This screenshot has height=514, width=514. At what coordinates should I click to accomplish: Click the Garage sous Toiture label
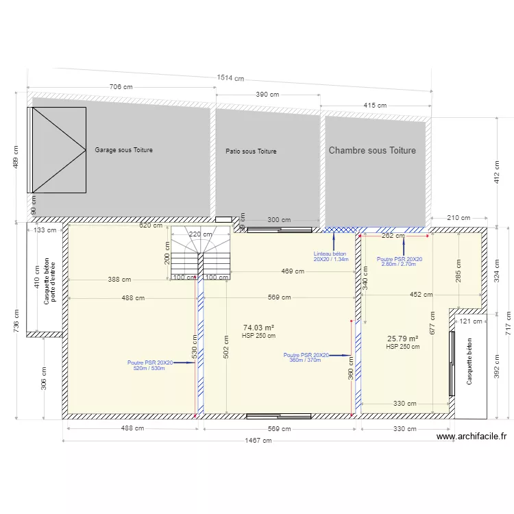[123, 149]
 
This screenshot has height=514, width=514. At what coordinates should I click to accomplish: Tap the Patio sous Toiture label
[251, 151]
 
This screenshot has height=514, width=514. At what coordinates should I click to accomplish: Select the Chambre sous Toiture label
[372, 150]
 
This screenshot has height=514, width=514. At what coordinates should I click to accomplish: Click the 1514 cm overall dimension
[230, 78]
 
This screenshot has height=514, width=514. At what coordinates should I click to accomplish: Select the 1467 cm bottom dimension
[259, 441]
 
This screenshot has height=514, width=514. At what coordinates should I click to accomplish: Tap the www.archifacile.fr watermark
[472, 436]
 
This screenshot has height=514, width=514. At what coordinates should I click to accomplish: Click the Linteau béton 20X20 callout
[331, 256]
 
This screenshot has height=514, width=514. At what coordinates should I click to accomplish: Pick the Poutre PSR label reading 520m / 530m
[150, 365]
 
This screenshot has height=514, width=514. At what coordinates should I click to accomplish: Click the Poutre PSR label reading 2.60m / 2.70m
[400, 261]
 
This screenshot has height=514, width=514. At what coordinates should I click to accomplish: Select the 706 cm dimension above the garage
[121, 87]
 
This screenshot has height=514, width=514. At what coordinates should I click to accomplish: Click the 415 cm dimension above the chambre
[375, 105]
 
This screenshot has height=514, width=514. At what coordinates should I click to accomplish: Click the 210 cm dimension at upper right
[458, 218]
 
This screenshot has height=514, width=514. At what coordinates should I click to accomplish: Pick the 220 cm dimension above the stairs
[200, 234]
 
